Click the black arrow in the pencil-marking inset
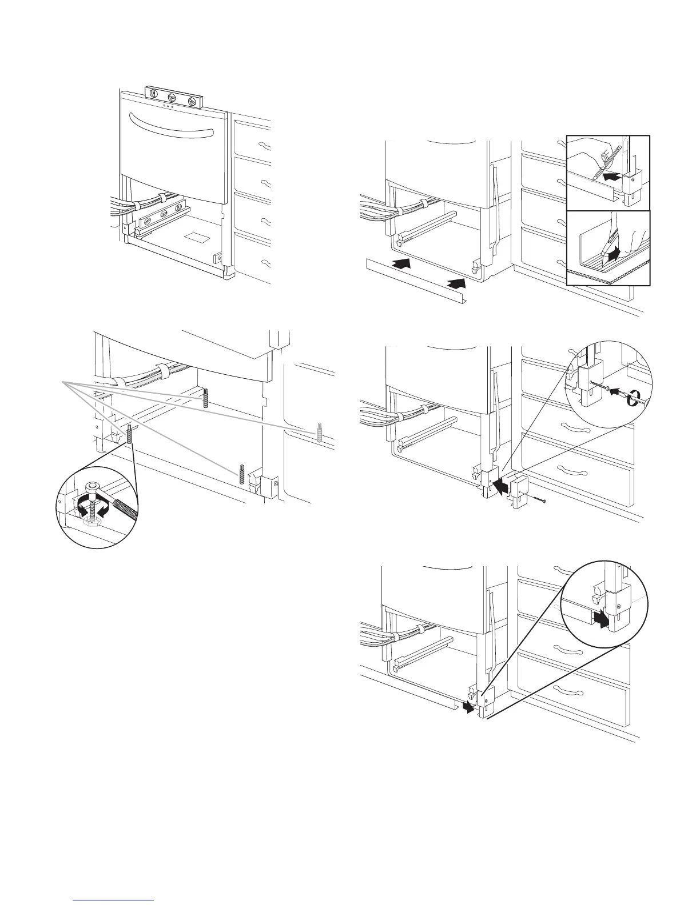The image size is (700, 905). tap(611, 178)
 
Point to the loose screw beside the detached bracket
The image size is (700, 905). tap(538, 501)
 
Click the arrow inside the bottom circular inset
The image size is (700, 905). tap(599, 618)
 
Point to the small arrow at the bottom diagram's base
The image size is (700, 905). tap(467, 708)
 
